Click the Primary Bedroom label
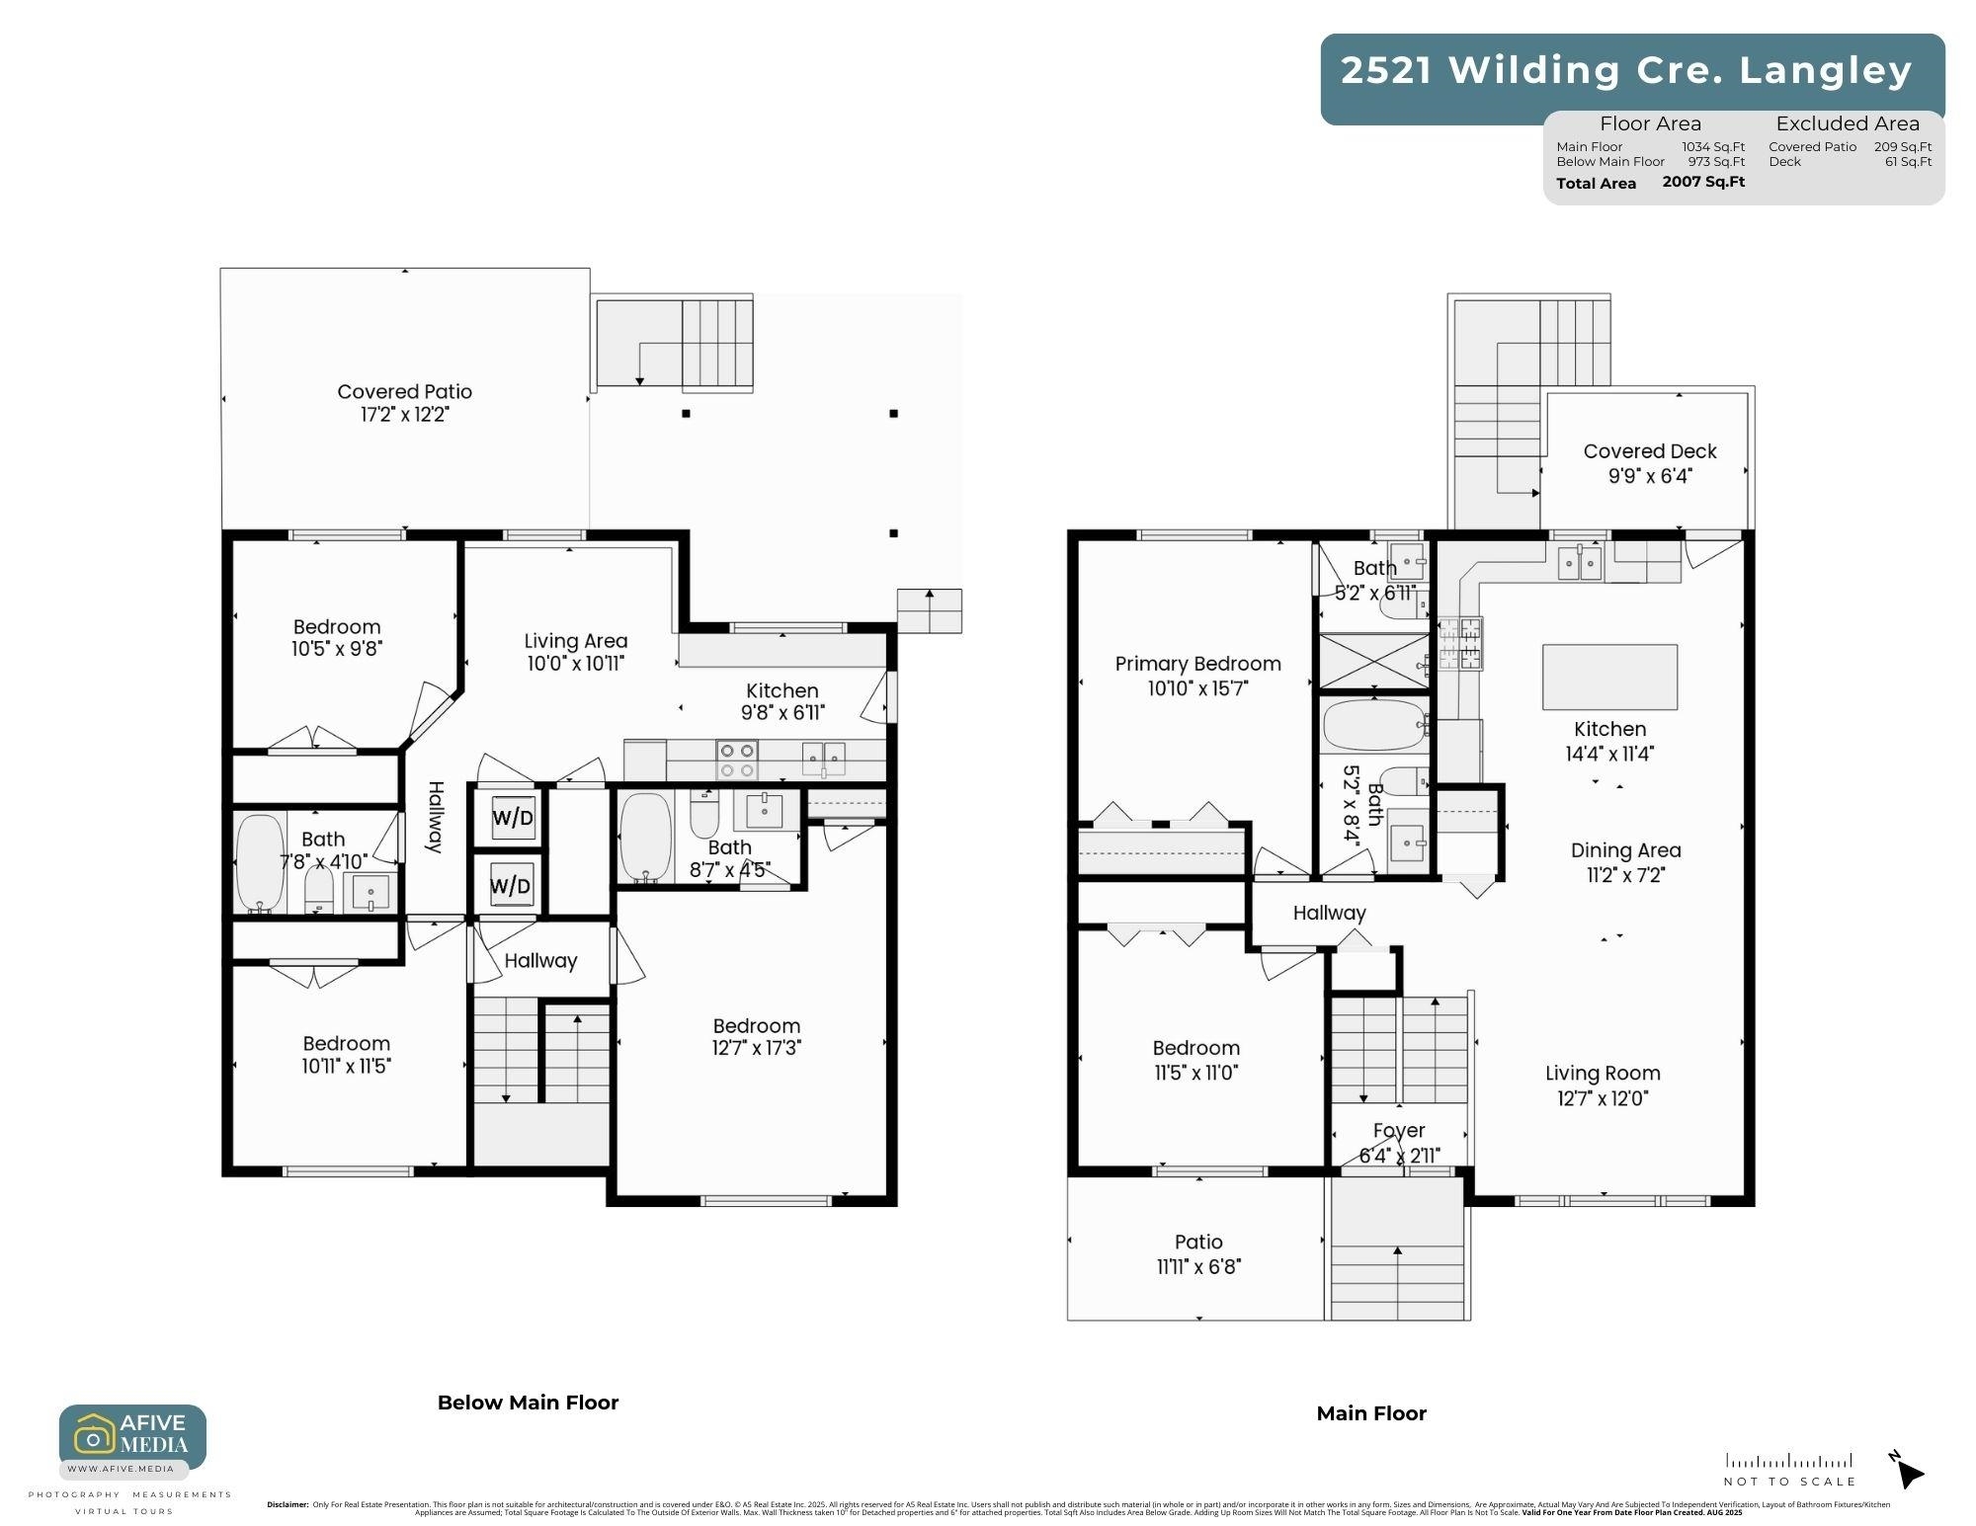pyautogui.click(x=1197, y=664)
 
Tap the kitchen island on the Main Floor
pyautogui.click(x=1609, y=677)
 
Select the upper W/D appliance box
pyautogui.click(x=513, y=817)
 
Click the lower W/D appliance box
pyautogui.click(x=511, y=885)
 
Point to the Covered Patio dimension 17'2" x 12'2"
pyautogui.click(x=404, y=415)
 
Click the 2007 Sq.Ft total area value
pyautogui.click(x=1703, y=182)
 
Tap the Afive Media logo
pyautogui.click(x=132, y=1436)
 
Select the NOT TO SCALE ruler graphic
pyautogui.click(x=1789, y=1461)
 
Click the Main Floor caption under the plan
pyautogui.click(x=1371, y=1413)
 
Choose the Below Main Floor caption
pyautogui.click(x=528, y=1403)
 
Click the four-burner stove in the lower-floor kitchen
pyautogui.click(x=737, y=761)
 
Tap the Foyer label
pyautogui.click(x=1399, y=1130)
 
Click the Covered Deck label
pyautogui.click(x=1650, y=451)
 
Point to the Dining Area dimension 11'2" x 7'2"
pyautogui.click(x=1625, y=875)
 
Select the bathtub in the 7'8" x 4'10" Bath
pyautogui.click(x=260, y=862)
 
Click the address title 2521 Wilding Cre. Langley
pyautogui.click(x=1626, y=70)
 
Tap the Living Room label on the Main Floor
pyautogui.click(x=1603, y=1074)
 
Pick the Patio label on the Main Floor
pyautogui.click(x=1198, y=1243)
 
